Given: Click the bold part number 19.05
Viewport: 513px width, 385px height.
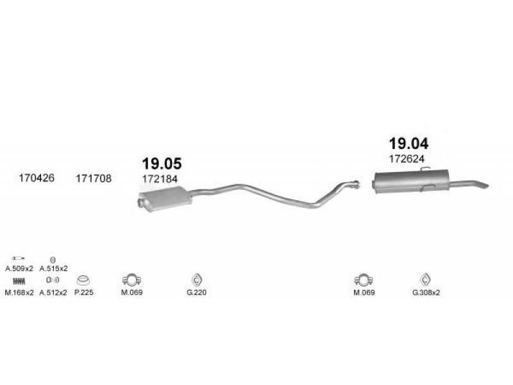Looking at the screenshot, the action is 162,164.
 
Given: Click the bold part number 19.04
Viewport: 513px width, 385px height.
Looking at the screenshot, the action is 408,143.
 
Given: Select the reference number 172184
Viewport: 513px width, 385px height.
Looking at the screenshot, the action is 160,179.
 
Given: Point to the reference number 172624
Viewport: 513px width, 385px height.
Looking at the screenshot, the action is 407,158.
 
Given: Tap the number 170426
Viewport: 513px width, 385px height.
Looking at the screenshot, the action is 37,178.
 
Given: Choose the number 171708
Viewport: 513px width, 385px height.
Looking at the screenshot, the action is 94,178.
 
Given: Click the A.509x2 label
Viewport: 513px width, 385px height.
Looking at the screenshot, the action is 19,269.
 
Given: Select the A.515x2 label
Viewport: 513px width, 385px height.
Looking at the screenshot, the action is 53,269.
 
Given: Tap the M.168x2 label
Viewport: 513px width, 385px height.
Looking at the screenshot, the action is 19,293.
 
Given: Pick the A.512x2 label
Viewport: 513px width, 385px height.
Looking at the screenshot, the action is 53,293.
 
